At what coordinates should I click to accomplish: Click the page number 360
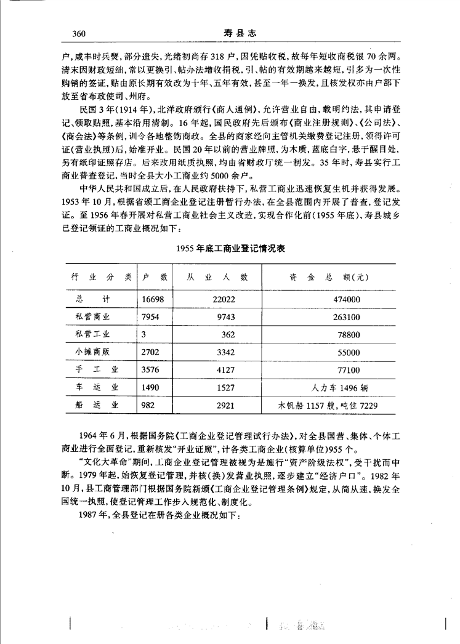[x=78, y=33]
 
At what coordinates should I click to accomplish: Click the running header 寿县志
[x=230, y=33]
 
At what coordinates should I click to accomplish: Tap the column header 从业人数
[x=217, y=278]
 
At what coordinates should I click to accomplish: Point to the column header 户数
[x=155, y=278]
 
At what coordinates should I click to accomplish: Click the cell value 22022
[x=224, y=299]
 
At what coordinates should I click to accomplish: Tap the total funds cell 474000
[x=347, y=299]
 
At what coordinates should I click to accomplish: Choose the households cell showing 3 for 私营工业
[x=143, y=334]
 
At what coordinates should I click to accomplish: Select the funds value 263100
[x=347, y=316]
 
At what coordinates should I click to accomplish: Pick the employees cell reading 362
[x=229, y=334]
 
